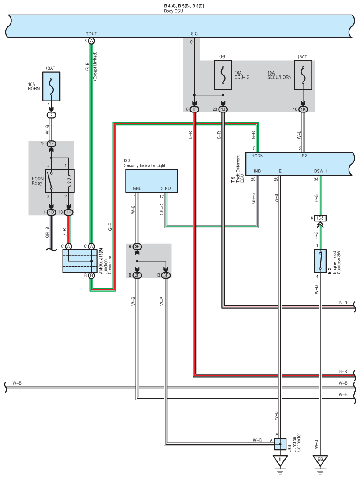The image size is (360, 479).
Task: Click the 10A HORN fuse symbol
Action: [51, 86]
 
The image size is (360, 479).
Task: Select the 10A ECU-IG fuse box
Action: [223, 75]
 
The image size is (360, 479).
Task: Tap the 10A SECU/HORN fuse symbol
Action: [303, 75]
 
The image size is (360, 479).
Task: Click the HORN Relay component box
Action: [60, 181]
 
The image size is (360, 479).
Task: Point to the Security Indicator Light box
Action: [151, 181]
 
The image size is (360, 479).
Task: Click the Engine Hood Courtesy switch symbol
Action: [320, 261]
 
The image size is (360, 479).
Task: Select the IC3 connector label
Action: [320, 218]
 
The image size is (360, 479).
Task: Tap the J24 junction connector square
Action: [280, 444]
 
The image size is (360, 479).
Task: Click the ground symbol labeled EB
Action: [320, 461]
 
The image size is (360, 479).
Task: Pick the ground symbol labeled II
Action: [280, 461]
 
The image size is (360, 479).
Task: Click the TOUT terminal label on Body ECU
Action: [91, 34]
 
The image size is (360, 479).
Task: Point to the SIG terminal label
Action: [194, 34]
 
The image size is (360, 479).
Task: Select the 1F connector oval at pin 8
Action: [194, 109]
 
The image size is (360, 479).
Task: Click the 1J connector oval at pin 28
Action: [223, 109]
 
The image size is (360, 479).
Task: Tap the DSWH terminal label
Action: [320, 171]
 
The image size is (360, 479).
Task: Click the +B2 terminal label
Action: [303, 156]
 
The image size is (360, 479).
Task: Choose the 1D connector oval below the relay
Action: [51, 212]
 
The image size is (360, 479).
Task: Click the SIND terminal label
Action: [166, 188]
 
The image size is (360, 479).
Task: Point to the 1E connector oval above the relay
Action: [51, 144]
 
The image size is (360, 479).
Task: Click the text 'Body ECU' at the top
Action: [173, 11]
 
